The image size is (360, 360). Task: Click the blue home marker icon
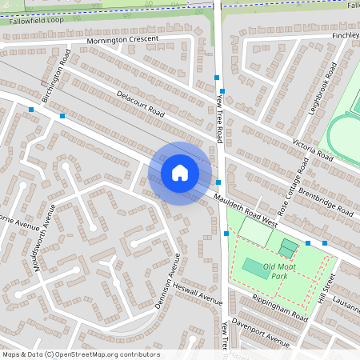[180, 173]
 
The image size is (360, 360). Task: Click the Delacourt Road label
[140, 103]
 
